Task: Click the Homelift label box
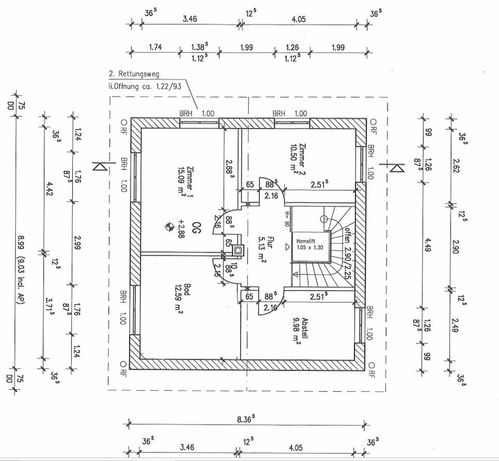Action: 310,244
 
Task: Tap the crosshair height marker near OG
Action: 168,226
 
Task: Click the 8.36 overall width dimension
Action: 250,418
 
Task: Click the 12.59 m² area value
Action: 179,298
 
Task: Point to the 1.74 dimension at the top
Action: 155,47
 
